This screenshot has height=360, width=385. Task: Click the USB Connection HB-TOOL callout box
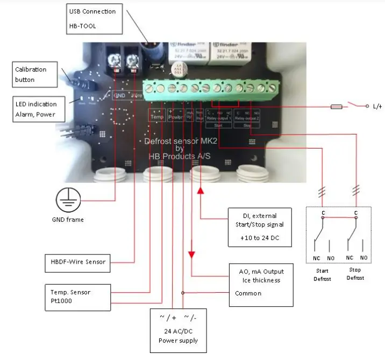pyautogui.click(x=93, y=18)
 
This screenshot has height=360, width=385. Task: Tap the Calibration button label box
pyautogui.click(x=35, y=74)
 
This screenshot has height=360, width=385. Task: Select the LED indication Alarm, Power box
pyautogui.click(x=35, y=109)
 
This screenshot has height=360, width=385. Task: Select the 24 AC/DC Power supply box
pyautogui.click(x=177, y=330)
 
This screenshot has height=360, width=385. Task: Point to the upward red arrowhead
pyautogui.click(x=200, y=190)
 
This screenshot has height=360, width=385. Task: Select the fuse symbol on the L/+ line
pyautogui.click(x=321, y=107)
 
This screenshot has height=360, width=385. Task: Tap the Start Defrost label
pyautogui.click(x=323, y=275)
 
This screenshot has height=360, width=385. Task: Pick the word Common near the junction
pyautogui.click(x=248, y=294)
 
